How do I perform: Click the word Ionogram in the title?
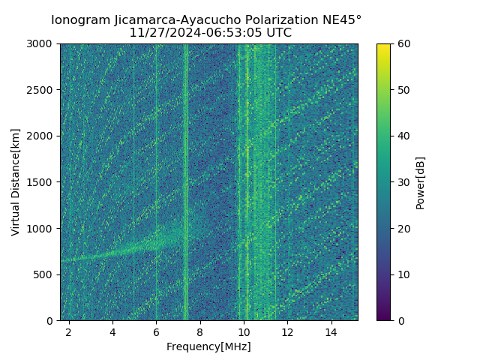[80, 20]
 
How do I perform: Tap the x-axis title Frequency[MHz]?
[208, 346]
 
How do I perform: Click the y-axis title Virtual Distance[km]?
[16, 182]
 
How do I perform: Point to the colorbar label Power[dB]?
[420, 182]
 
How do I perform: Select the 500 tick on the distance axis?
[46, 274]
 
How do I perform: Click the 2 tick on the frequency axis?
[69, 331]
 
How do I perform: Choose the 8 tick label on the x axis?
[200, 331]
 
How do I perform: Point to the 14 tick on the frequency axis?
[331, 331]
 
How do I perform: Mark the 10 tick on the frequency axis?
[244, 331]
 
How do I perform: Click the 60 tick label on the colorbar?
[403, 43]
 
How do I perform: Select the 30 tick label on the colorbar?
[403, 182]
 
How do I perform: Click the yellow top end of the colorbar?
[383, 46]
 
